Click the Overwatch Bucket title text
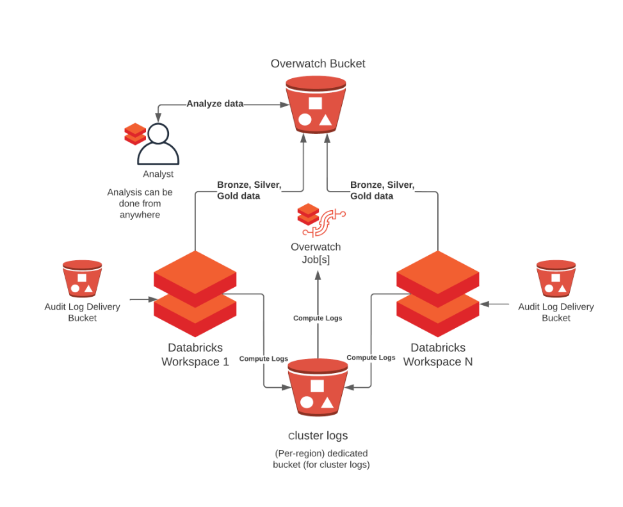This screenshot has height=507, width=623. [318, 63]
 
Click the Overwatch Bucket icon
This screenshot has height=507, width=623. [315, 105]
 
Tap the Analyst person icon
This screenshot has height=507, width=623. [158, 144]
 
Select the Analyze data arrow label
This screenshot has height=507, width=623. [215, 103]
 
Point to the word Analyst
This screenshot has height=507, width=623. [158, 174]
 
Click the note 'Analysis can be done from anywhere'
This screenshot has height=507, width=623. [140, 203]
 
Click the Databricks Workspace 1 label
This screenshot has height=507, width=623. [195, 354]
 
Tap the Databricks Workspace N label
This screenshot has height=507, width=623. [438, 354]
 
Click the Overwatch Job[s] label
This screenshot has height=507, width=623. [316, 253]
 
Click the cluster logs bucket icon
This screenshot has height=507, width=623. [317, 390]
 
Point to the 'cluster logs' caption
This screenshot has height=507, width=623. [318, 436]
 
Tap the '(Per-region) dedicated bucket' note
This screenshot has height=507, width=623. [321, 459]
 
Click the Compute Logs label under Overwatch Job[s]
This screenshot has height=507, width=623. [318, 318]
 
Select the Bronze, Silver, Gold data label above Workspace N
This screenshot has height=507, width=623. [382, 190]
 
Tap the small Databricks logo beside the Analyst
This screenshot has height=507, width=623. [135, 133]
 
